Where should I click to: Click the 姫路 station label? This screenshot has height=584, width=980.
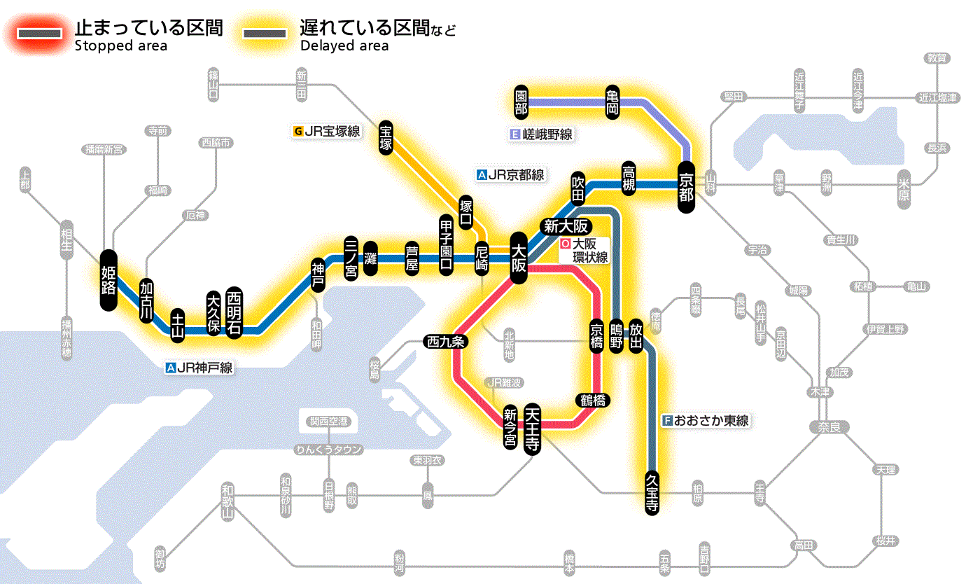coord(108,279)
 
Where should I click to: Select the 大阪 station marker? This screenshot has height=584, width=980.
coord(519,258)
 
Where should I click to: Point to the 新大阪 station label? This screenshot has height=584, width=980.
coord(568,227)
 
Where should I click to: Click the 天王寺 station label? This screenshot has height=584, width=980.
coord(533,429)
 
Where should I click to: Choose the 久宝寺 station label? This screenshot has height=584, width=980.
coord(652,493)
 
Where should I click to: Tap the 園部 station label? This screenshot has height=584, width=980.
coord(521,102)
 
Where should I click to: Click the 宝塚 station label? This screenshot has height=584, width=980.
coord(386,137)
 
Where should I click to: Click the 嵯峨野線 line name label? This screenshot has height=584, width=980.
coord(542,134)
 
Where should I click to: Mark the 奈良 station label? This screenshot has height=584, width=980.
coord(828,426)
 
